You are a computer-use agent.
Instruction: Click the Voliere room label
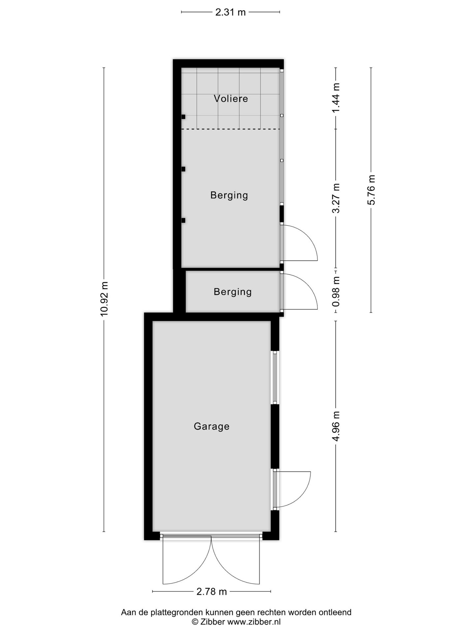point(231,99)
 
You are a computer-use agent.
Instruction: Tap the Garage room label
point(211,426)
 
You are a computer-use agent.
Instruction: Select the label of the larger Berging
point(229,195)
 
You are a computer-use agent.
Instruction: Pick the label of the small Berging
point(233,292)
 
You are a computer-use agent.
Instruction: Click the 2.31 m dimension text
point(230,13)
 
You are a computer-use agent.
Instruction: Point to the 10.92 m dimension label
point(104,299)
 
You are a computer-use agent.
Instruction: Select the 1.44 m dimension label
point(336,98)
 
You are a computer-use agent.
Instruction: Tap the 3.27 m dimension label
point(336,198)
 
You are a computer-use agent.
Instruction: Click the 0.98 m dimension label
point(336,291)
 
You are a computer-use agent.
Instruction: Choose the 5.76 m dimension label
point(371,190)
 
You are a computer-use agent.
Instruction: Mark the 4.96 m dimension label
point(336,426)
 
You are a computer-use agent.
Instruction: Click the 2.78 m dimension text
point(211,591)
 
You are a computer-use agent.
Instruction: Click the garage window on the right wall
point(275,377)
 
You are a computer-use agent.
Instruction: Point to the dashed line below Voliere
point(231,129)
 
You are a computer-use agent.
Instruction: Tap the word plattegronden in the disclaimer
point(176,613)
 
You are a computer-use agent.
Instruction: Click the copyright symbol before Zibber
point(195,622)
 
